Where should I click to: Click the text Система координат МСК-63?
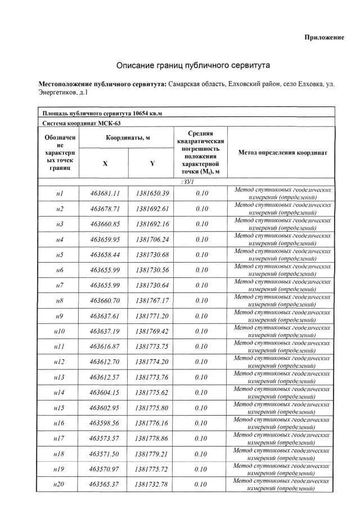tap(82, 123)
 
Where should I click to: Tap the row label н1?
tap(60, 193)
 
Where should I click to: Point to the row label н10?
tap(60, 331)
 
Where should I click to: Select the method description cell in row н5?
tap(282, 255)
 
